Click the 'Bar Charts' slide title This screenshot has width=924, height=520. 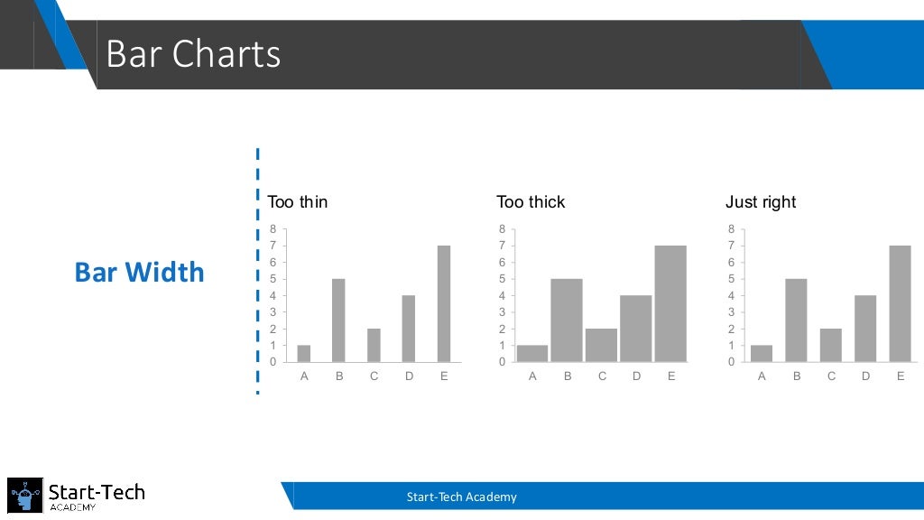pyautogui.click(x=193, y=54)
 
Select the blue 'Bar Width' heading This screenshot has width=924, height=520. pyautogui.click(x=139, y=272)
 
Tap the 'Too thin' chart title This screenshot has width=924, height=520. pyautogui.click(x=298, y=202)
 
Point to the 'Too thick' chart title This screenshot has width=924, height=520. pyautogui.click(x=531, y=202)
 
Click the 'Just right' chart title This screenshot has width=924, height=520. pyautogui.click(x=761, y=202)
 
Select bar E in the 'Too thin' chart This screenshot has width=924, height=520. pyautogui.click(x=443, y=303)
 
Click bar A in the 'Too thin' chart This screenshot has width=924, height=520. pyautogui.click(x=304, y=353)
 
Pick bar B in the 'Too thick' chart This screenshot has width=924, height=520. pyautogui.click(x=567, y=320)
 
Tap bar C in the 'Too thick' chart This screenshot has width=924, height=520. pyautogui.click(x=601, y=345)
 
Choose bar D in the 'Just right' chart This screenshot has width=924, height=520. pyautogui.click(x=865, y=329)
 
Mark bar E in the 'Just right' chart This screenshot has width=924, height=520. pyautogui.click(x=901, y=303)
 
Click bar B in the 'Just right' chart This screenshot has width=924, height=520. pyautogui.click(x=797, y=320)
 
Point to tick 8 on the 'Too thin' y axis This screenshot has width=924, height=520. pyautogui.click(x=273, y=229)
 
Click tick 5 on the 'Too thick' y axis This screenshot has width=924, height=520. pyautogui.click(x=502, y=279)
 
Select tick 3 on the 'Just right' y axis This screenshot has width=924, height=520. pyautogui.click(x=732, y=311)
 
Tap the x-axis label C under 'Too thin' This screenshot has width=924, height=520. pyautogui.click(x=374, y=376)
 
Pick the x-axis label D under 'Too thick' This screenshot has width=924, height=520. pyautogui.click(x=636, y=376)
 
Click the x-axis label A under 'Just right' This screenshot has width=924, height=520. pyautogui.click(x=762, y=376)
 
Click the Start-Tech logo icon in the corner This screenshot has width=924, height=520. pyautogui.click(x=25, y=496)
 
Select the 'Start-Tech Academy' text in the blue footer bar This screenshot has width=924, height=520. pyautogui.click(x=461, y=497)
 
